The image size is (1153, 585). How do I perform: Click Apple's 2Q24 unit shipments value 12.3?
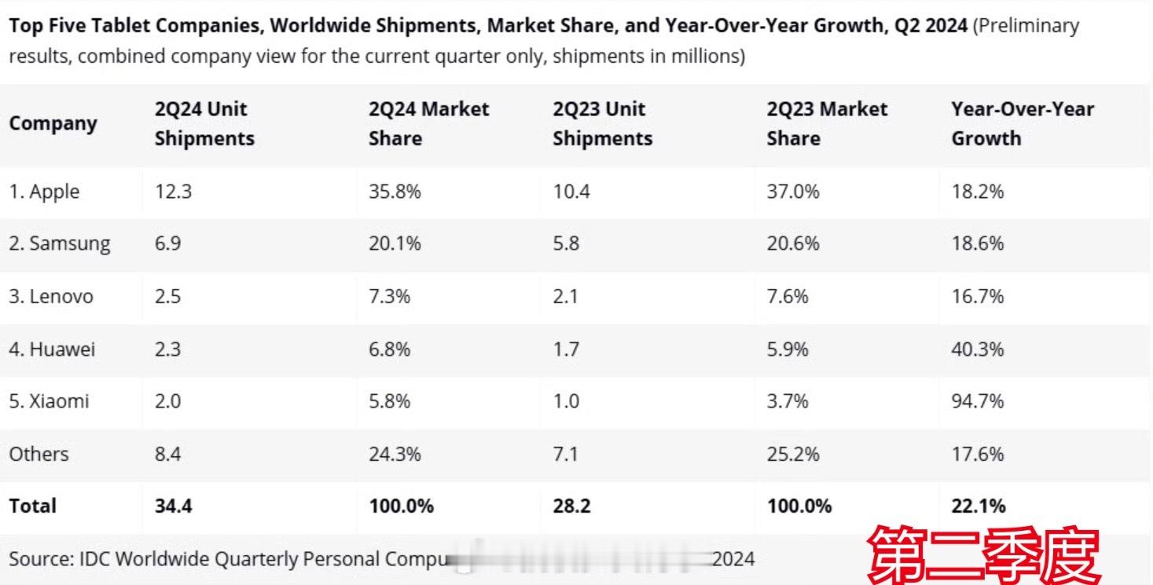[173, 192]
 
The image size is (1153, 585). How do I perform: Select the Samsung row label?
[60, 244]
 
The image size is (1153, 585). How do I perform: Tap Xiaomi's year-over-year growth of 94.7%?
[977, 401]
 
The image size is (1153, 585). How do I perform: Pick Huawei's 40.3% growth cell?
[977, 349]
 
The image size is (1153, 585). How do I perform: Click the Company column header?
[53, 124]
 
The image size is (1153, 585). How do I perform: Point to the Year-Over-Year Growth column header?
[1022, 124]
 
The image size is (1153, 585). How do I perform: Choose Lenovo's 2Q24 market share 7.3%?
[389, 296]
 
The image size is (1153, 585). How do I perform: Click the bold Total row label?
[33, 506]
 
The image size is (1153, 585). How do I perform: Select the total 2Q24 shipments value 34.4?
[173, 506]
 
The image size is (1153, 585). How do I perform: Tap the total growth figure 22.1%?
[978, 506]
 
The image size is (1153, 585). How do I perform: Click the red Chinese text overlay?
[983, 555]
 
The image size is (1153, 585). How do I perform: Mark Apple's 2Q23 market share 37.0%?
[792, 192]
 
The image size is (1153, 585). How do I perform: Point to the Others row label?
[39, 454]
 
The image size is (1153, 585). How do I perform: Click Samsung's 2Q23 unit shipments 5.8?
[566, 244]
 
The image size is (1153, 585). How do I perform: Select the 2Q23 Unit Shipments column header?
[602, 124]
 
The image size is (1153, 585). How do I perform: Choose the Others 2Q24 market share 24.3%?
[395, 454]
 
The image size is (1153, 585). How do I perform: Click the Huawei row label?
[52, 349]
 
